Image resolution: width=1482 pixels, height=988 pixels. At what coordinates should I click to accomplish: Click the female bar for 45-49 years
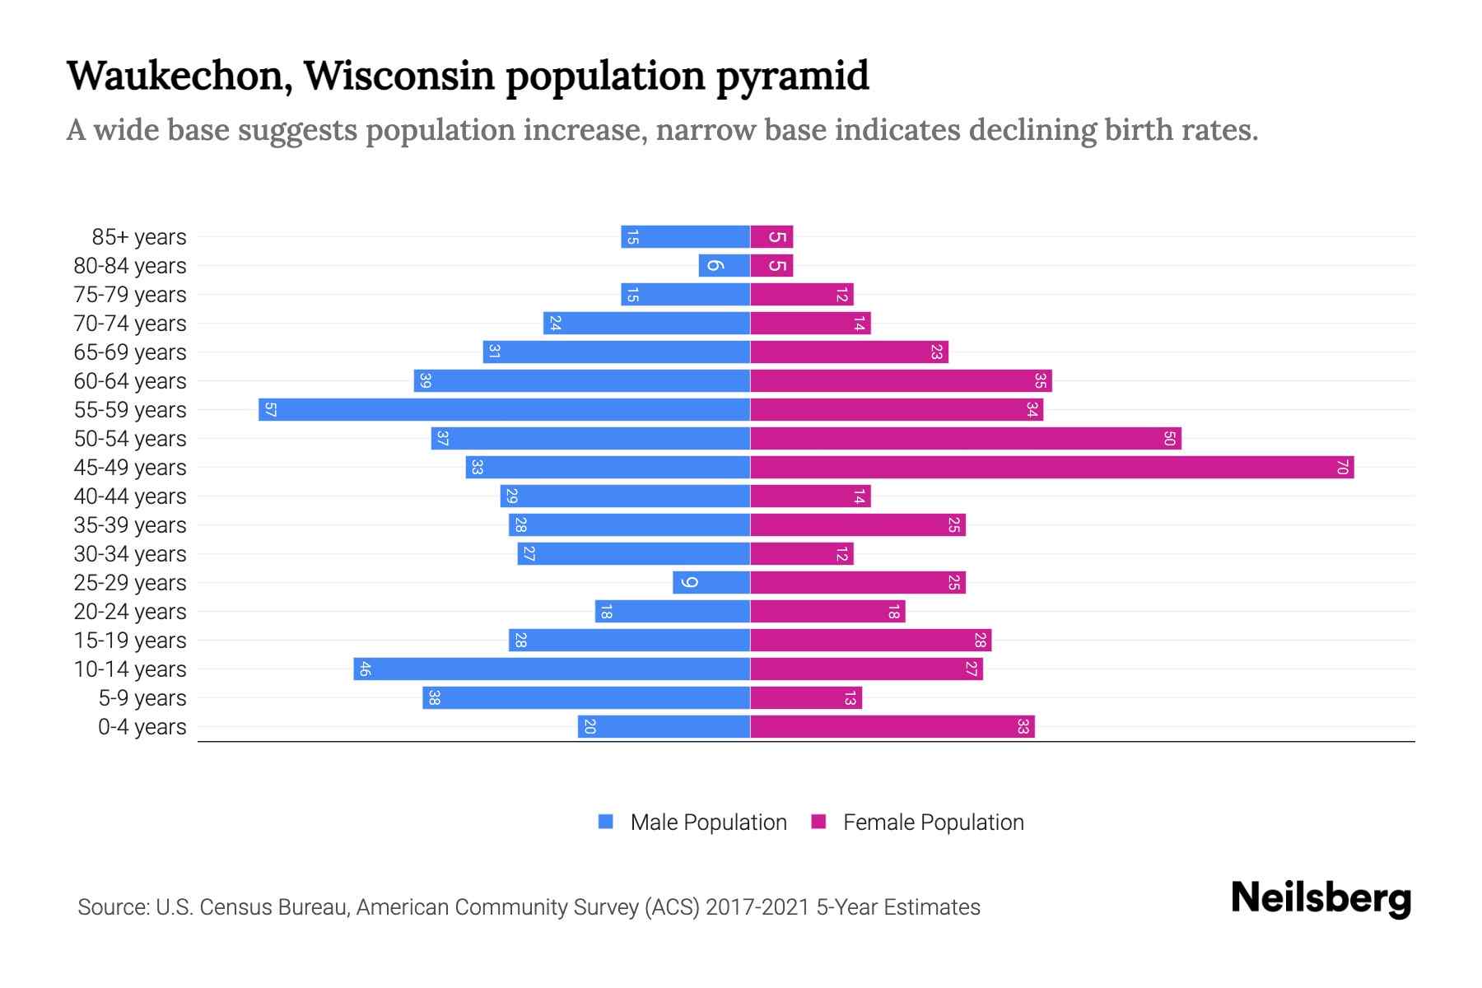1051,468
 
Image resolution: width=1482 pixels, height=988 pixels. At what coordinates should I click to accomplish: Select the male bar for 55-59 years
504,410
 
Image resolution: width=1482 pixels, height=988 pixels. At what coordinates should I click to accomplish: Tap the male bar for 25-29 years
711,583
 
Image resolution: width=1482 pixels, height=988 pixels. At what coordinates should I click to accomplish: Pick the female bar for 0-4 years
892,727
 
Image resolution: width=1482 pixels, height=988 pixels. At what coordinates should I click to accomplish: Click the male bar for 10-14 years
552,669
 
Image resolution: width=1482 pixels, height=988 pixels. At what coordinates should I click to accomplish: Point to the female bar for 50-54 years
965,439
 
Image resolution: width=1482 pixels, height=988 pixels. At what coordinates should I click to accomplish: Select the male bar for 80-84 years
725,266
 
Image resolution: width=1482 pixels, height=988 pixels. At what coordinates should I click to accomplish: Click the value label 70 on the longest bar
1342,468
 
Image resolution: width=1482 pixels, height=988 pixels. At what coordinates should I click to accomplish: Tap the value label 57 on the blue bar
270,410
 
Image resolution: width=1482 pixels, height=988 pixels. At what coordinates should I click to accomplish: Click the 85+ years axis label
138,237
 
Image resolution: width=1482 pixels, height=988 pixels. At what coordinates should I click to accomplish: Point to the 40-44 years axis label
130,496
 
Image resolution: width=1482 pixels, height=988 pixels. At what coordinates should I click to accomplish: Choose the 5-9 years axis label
142,698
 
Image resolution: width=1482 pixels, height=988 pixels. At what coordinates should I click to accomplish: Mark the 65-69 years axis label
130,352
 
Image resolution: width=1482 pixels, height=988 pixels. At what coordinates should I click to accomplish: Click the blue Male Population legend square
606,822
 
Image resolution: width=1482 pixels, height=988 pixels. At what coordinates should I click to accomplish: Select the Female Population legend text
933,823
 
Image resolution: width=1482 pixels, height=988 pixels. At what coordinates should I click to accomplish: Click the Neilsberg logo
1321,899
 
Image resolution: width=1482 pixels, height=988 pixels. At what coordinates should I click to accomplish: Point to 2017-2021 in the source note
757,907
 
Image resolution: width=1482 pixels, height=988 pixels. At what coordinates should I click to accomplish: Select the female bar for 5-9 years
805,698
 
